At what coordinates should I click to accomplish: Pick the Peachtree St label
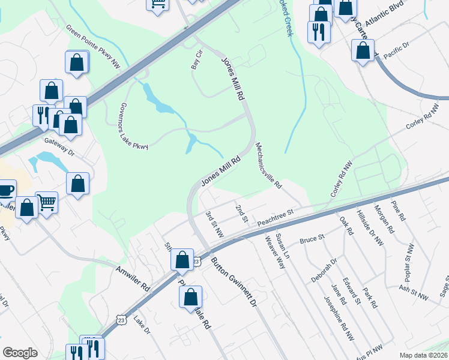click(274, 218)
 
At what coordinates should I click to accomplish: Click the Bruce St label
click(312, 239)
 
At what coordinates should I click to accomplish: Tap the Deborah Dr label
click(324, 269)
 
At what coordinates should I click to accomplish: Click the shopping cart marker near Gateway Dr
click(46, 202)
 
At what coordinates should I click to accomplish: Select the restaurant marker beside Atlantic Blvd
click(318, 31)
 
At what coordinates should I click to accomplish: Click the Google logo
click(20, 353)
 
